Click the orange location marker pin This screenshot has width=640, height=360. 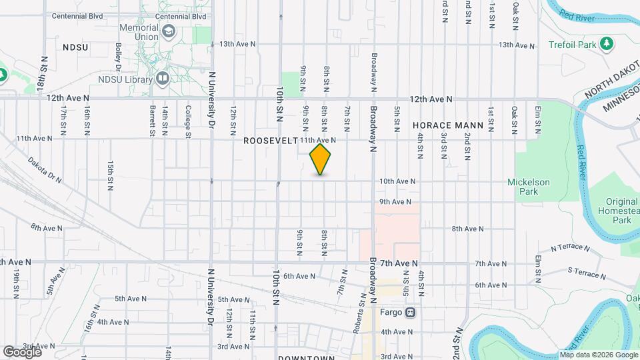tap(321, 159)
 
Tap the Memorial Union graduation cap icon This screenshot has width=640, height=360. tap(169, 31)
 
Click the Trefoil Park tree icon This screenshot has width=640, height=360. tap(606, 44)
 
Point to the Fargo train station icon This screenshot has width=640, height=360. tap(411, 312)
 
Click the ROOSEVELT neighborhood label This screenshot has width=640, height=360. tap(269, 141)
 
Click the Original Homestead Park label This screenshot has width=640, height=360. tap(621, 211)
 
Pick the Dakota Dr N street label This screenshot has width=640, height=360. tap(45, 171)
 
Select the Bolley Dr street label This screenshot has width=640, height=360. tap(118, 57)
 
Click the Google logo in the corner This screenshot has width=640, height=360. tap(22, 351)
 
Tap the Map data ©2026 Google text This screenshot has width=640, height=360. tap(598, 354)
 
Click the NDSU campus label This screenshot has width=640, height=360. tap(75, 47)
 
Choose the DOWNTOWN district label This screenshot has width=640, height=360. tap(306, 358)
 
